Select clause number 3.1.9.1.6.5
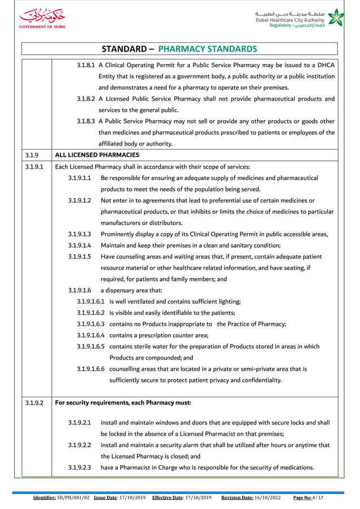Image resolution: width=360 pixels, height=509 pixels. coord(92,346)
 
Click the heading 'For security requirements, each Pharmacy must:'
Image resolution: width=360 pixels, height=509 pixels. coord(122,403)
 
